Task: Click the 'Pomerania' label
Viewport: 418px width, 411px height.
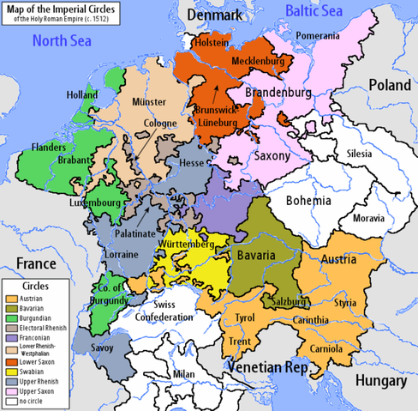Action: pos(318,35)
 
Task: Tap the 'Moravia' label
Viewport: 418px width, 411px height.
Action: pos(368,218)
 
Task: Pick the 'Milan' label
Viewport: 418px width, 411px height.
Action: pos(183,375)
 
